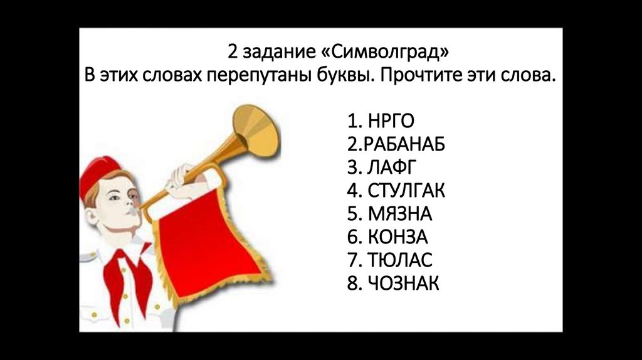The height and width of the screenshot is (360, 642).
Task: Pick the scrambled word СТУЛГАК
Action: pyautogui.click(x=406, y=190)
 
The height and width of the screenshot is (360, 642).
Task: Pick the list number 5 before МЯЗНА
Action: pyautogui.click(x=350, y=213)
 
